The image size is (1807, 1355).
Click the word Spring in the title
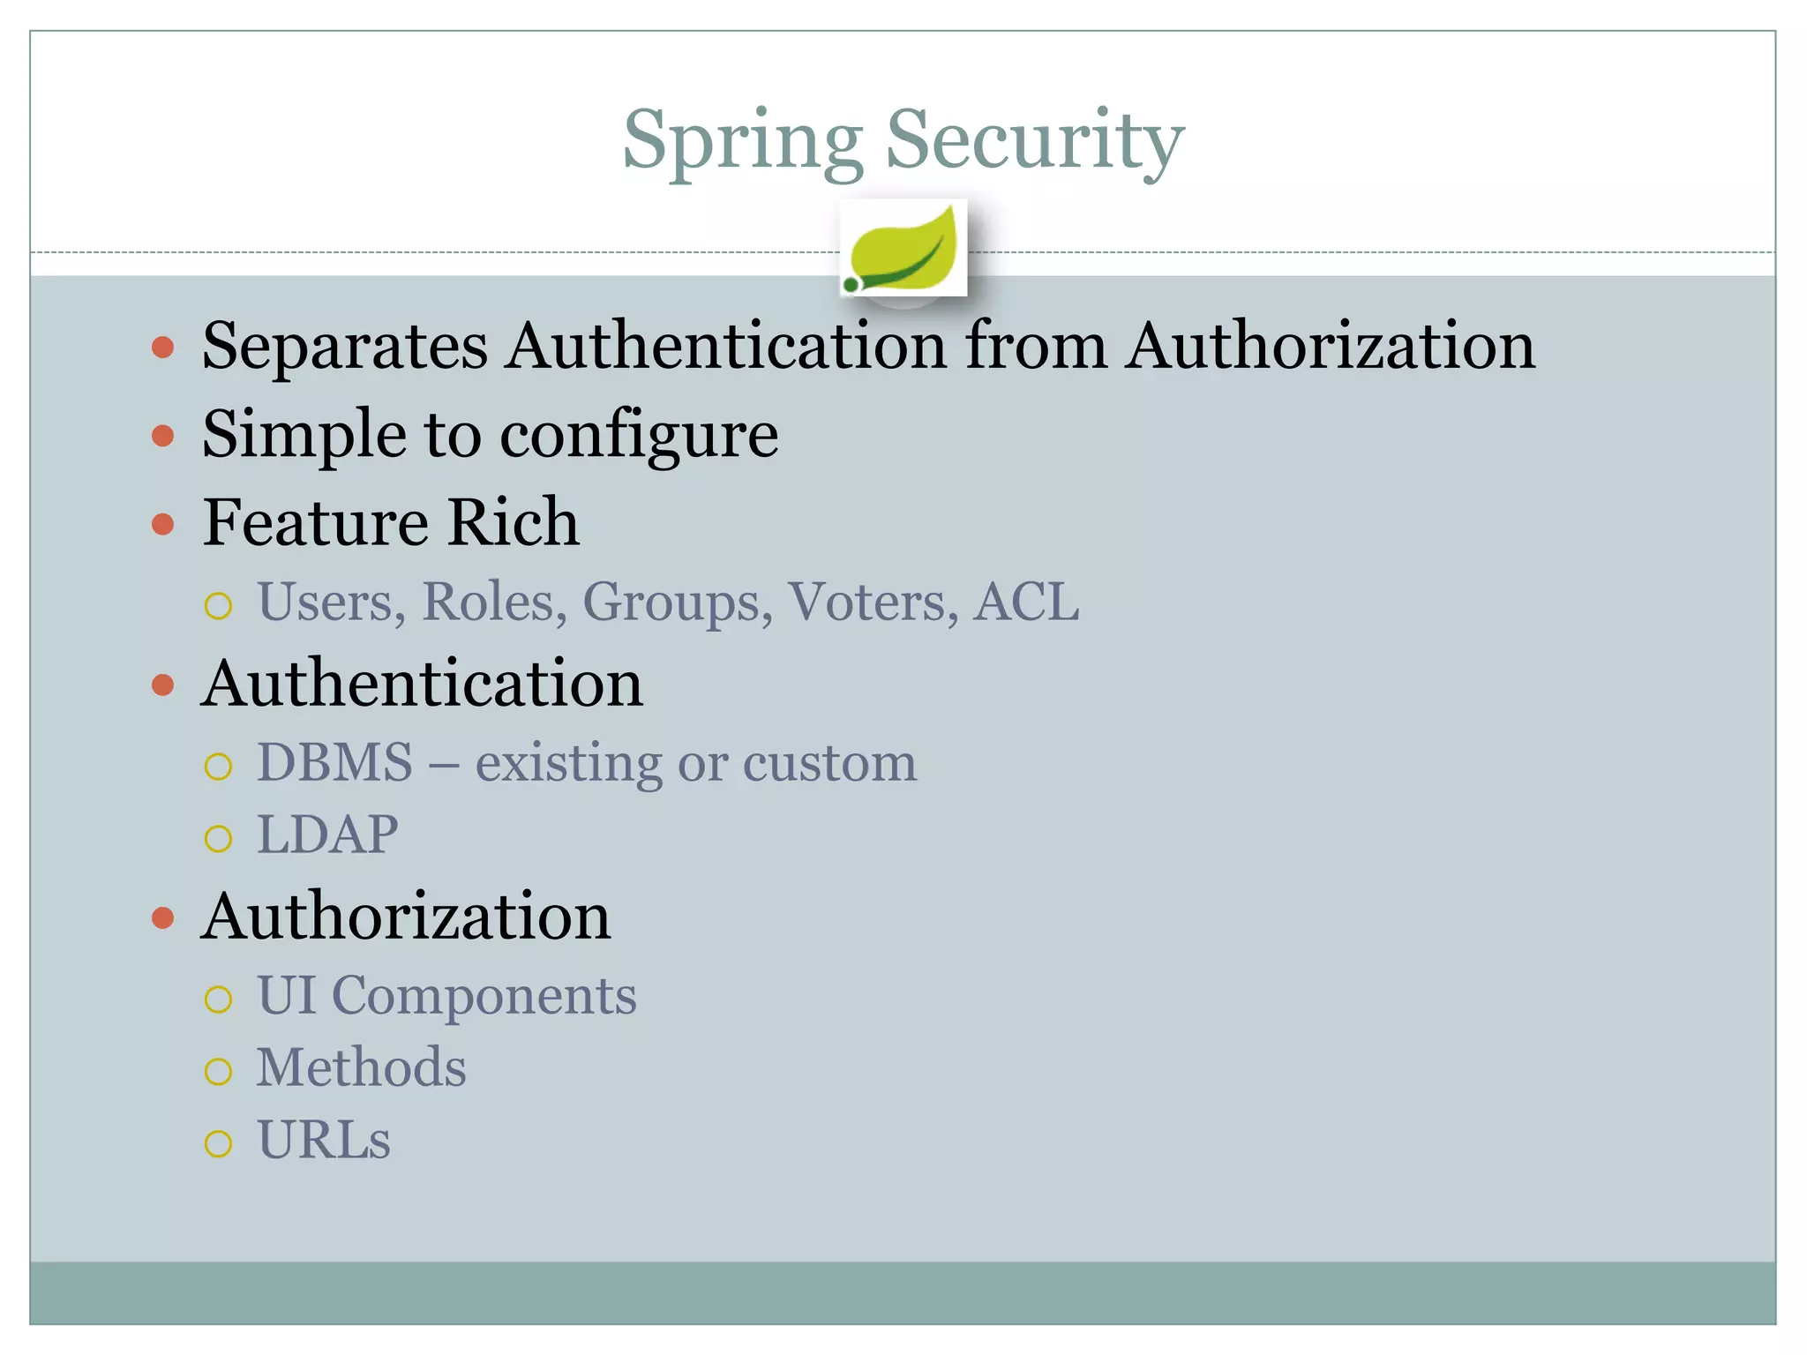742,141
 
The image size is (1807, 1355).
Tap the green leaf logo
903,248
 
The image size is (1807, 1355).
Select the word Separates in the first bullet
344,346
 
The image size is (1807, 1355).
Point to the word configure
639,436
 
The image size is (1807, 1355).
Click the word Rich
513,522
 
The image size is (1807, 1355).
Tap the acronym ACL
1025,602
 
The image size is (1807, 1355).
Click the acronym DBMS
334,762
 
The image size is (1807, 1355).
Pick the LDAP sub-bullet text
327,835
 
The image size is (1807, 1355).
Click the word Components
484,996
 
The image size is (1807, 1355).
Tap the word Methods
361,1067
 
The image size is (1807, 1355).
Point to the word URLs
323,1140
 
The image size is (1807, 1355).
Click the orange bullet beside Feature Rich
162,525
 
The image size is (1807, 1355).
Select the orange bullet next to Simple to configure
162,436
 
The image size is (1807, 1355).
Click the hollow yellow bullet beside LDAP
218,838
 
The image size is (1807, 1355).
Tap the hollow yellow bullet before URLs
218,1144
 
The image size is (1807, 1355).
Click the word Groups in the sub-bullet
677,603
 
